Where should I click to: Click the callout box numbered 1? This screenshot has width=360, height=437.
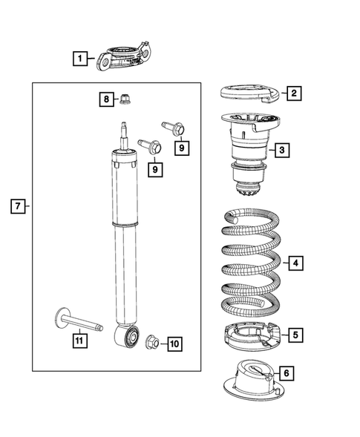coord(79,56)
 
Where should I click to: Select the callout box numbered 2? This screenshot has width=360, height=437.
coord(294,93)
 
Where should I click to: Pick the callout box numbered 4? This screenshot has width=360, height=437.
coord(294,263)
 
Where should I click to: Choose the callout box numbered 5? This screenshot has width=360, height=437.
coord(295,335)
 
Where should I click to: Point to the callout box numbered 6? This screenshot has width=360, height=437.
coord(286,373)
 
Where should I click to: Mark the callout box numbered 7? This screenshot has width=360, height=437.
coord(19,206)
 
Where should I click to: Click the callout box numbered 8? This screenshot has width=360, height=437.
coord(107,99)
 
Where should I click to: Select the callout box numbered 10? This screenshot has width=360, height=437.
coord(174,344)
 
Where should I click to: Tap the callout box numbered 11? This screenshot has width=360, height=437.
coord(79,341)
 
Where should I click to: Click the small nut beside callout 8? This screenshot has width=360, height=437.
coord(127,97)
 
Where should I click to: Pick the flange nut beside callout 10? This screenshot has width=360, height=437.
coord(151,341)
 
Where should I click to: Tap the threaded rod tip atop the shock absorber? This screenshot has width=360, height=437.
coord(122,129)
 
